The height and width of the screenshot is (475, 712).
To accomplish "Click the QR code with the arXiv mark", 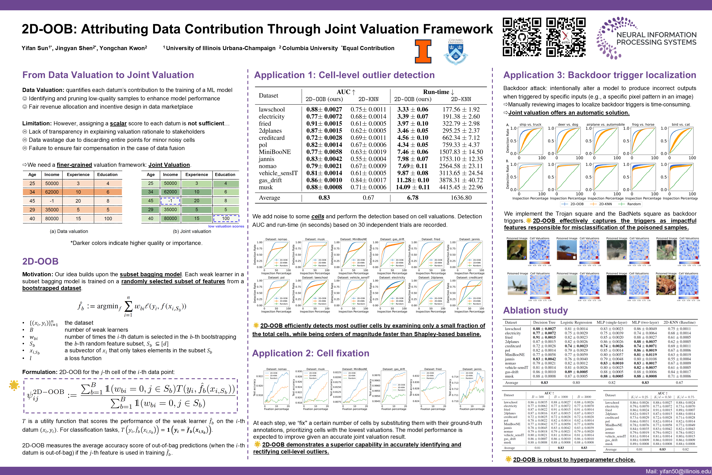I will (x=566, y=37).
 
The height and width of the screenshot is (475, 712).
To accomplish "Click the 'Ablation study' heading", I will (x=535, y=310).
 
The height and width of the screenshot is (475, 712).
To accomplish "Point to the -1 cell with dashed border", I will (x=170, y=201).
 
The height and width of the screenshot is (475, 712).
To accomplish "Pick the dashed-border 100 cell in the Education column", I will (x=226, y=218).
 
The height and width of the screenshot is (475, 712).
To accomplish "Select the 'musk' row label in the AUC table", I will (x=266, y=187).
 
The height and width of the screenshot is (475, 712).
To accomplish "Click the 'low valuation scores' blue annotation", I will (x=226, y=226).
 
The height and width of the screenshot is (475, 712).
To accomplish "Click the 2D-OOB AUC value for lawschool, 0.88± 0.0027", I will (x=324, y=109).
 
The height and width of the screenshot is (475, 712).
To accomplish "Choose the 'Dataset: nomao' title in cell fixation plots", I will (x=276, y=369).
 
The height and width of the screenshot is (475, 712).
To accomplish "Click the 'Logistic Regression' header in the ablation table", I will (x=576, y=322).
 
